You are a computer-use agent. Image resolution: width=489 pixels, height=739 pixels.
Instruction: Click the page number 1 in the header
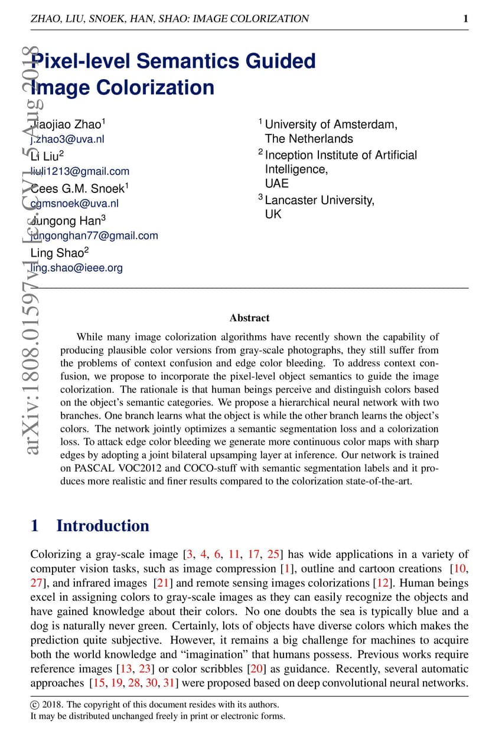click(x=465, y=19)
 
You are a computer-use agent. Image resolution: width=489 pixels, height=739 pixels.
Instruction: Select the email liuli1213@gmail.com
click(x=80, y=171)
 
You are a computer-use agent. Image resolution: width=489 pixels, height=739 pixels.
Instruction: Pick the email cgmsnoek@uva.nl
click(x=74, y=203)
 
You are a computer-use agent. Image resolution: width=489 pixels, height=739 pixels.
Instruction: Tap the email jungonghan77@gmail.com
click(x=94, y=236)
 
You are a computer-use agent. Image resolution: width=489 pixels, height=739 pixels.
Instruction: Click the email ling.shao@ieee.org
click(x=77, y=267)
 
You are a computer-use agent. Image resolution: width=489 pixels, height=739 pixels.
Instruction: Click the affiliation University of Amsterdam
click(x=331, y=125)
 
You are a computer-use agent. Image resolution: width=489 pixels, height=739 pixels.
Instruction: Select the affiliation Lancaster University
click(x=319, y=200)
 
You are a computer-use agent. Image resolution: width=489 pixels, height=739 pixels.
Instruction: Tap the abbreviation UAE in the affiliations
click(x=276, y=184)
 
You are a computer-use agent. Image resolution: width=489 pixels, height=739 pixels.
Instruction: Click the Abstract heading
click(x=249, y=318)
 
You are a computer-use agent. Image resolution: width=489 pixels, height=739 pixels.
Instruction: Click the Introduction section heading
click(x=102, y=526)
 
